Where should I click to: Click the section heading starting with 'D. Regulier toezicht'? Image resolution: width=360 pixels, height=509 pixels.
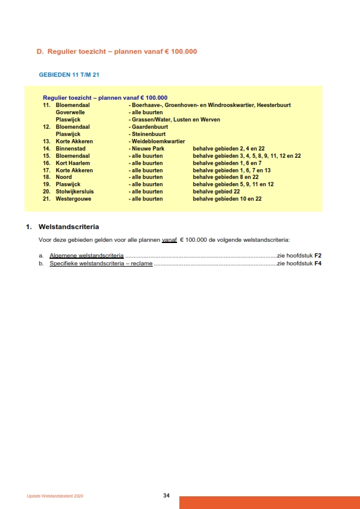coord(117,51)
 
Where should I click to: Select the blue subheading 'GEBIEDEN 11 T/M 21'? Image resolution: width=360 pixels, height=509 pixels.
coord(68,76)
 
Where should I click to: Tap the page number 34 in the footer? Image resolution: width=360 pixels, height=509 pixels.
coord(166,496)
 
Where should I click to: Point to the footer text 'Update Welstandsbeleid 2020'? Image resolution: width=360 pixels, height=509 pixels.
coord(55,496)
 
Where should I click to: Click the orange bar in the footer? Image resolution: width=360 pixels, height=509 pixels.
coord(269,502)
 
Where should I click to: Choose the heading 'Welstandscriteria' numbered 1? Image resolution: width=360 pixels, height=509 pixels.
coord(68,227)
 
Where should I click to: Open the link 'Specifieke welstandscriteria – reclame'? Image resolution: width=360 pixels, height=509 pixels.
coord(101,264)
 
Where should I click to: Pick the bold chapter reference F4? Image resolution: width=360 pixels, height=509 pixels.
coord(318,264)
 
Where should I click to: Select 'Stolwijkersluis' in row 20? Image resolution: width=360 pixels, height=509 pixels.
coord(75,192)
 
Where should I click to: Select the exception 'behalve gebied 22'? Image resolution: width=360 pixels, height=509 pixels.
coord(216,192)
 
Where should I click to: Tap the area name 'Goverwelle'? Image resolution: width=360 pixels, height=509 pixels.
coord(70,112)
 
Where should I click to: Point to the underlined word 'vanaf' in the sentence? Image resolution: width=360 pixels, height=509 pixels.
coord(169,240)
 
